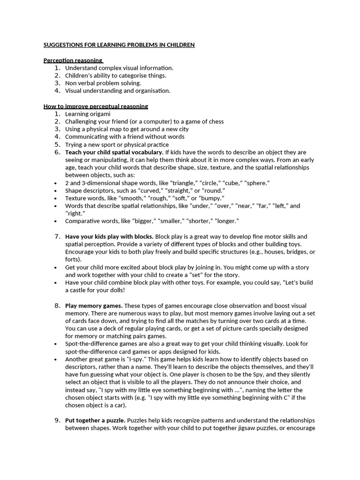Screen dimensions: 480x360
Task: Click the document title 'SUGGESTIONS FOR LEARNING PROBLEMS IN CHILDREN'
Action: click(x=119, y=45)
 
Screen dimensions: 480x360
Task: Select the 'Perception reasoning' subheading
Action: click(x=73, y=60)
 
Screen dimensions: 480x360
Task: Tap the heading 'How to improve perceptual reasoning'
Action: click(x=96, y=106)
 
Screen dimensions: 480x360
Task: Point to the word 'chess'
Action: click(x=216, y=121)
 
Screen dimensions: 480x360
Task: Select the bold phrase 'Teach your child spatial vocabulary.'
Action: click(x=114, y=152)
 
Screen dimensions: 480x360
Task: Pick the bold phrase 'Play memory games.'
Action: click(x=94, y=306)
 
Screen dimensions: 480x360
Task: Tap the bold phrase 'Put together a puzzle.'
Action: click(x=95, y=420)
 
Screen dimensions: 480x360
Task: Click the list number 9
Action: click(x=57, y=420)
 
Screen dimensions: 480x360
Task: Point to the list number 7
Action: click(x=57, y=237)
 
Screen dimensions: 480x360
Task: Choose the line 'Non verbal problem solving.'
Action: click(x=103, y=83)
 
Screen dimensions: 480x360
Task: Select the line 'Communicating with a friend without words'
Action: click(x=125, y=137)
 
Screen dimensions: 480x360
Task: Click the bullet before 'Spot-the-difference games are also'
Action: click(x=57, y=344)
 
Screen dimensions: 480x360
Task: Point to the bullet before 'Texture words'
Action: click(x=57, y=198)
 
